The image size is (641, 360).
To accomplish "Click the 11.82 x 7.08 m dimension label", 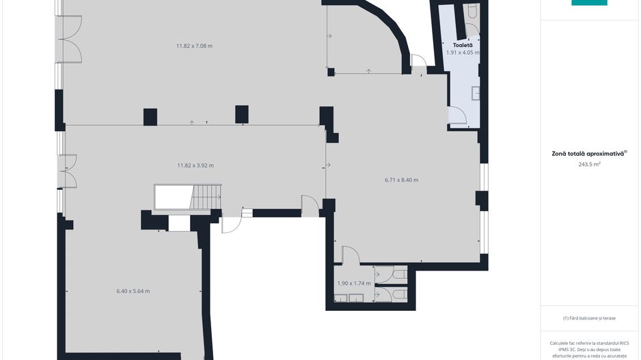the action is (x=194, y=46).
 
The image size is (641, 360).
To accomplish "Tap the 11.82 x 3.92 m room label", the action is (x=195, y=165).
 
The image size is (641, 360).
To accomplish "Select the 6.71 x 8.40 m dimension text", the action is (x=401, y=180).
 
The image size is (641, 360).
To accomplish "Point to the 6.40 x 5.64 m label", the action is (x=133, y=292).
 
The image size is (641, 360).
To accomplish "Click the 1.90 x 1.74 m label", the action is (x=354, y=283).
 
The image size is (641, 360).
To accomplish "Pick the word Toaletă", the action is (x=463, y=45).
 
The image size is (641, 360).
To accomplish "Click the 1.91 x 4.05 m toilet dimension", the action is (x=463, y=53).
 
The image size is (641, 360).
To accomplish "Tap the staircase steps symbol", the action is (x=206, y=197).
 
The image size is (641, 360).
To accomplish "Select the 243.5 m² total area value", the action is (x=589, y=164).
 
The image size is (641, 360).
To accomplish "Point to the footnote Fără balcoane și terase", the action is (x=589, y=318).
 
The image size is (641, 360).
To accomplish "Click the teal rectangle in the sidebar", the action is (x=589, y=3).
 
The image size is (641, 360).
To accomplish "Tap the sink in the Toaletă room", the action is (x=476, y=93).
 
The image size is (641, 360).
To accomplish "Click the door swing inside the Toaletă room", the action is (x=457, y=115).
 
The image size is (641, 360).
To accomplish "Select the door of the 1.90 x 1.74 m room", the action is (x=351, y=255).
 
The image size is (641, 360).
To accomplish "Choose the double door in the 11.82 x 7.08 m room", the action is (x=70, y=39).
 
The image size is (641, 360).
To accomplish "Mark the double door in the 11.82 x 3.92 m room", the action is (x=68, y=171).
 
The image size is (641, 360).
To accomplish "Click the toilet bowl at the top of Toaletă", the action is (x=473, y=11).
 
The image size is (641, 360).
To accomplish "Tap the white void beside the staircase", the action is (x=173, y=197).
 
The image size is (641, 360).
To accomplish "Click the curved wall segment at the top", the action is (x=388, y=25).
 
